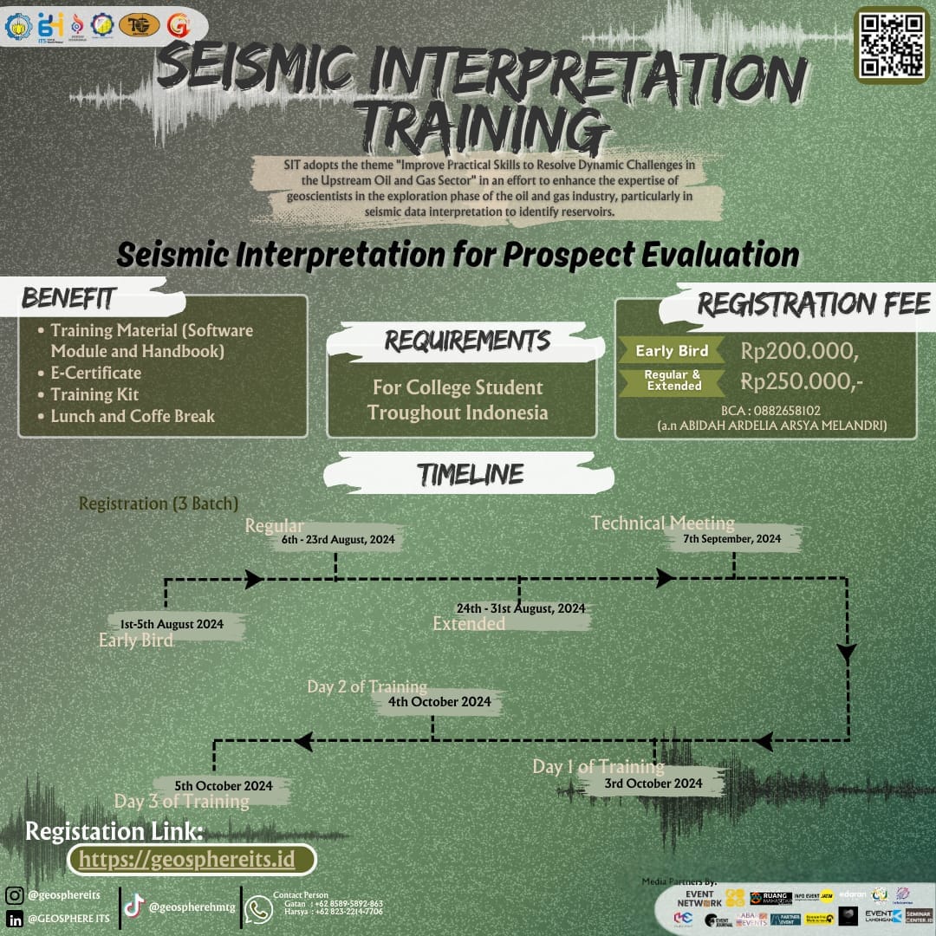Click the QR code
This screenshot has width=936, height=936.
(892, 44)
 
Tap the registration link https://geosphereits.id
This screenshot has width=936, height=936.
(192, 859)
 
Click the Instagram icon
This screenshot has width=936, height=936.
(15, 895)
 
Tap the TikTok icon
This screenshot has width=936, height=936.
(133, 907)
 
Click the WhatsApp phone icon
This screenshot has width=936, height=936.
(258, 908)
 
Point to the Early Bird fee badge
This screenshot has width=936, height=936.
(672, 351)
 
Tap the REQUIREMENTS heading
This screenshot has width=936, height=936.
(467, 341)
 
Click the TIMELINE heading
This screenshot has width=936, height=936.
(471, 474)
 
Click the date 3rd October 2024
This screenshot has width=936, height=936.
(653, 783)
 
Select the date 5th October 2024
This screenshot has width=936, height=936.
(224, 786)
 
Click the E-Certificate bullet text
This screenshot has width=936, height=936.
(96, 374)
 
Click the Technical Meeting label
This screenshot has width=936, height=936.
(663, 523)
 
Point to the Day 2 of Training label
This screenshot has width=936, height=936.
(367, 687)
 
